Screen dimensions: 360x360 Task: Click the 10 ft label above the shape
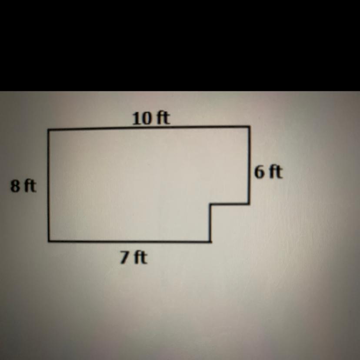[151, 118]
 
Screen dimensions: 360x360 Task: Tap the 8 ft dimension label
[23, 186]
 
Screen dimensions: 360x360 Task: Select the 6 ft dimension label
[268, 172]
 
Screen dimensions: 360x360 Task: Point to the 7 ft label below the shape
[133, 257]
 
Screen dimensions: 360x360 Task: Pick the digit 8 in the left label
[15, 186]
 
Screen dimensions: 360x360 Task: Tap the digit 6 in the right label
[259, 173]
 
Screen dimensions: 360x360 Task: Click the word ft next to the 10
[163, 118]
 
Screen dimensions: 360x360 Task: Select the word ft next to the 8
[30, 186]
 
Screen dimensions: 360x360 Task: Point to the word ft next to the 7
[140, 257]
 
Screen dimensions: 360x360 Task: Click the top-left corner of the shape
[48, 130]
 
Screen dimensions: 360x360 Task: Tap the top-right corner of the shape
[249, 126]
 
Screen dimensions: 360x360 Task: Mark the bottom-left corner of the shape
[49, 241]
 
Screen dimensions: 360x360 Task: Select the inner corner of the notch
[210, 204]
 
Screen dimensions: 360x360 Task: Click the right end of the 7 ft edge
[210, 242]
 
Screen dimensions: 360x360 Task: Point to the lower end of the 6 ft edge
[249, 203]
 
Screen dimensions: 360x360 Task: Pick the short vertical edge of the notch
[210, 223]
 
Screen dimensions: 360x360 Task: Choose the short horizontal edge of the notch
[230, 203]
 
